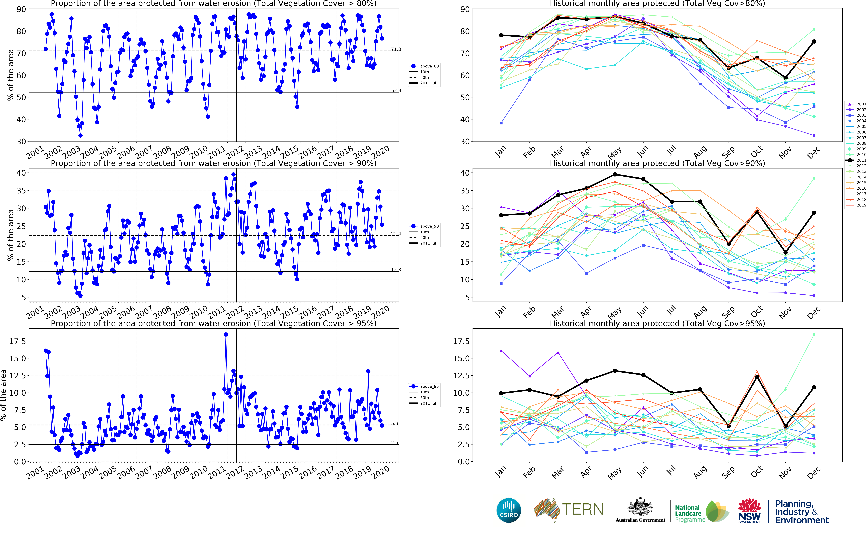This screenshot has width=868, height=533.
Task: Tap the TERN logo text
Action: click(582, 509)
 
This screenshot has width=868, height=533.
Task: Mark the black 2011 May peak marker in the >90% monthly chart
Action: click(615, 174)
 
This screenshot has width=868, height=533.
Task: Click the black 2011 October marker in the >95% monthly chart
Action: click(757, 377)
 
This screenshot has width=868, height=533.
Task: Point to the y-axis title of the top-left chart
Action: click(11, 75)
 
